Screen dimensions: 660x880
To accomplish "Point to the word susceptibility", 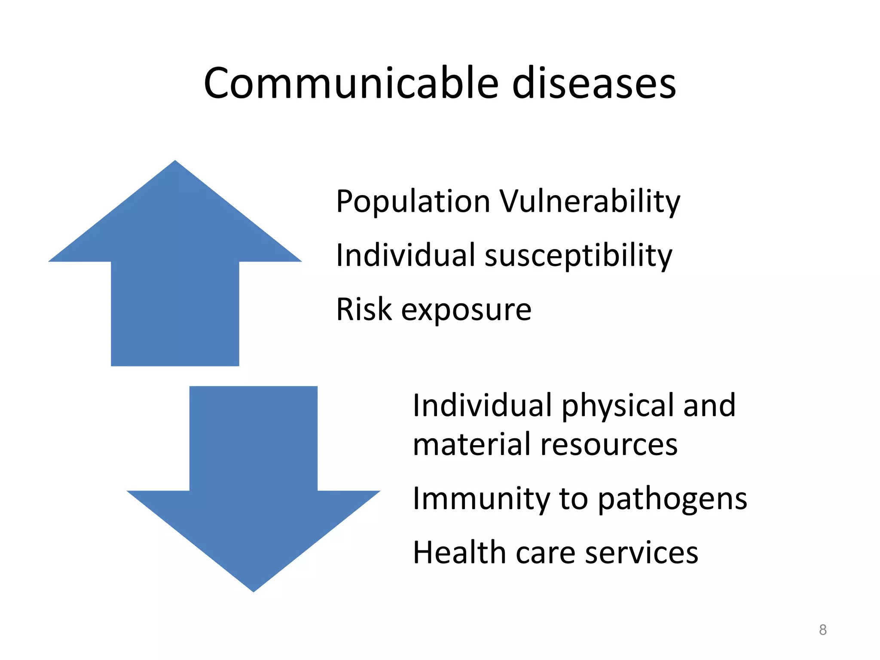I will (x=578, y=256).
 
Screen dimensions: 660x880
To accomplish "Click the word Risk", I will (x=364, y=309).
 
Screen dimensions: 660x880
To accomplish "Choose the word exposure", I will (x=466, y=310).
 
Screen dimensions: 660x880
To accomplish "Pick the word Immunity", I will (x=481, y=499).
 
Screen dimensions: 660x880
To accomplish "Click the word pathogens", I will (x=672, y=500).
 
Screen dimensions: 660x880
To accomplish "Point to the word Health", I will (x=459, y=553).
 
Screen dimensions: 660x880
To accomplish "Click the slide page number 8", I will (x=822, y=630).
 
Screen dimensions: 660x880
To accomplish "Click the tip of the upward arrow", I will (x=175, y=162).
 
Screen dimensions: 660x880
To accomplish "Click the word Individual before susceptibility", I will (x=406, y=255).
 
